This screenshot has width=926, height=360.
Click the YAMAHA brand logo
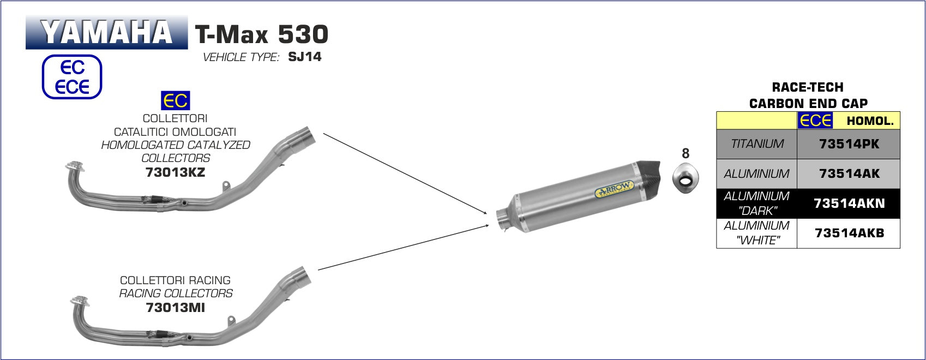107,33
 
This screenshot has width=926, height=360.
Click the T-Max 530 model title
262,34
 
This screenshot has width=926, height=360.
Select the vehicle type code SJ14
305,57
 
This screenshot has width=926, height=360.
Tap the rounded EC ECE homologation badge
72,77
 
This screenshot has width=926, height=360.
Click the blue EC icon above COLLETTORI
175,100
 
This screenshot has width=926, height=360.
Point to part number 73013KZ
175,172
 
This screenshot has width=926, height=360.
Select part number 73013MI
175,308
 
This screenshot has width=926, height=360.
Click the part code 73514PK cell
849,144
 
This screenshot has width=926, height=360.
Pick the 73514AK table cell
849,174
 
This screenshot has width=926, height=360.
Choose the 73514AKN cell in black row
849,204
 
